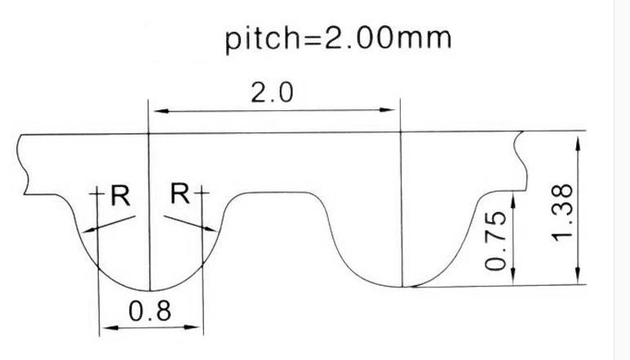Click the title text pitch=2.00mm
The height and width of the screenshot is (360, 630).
click(338, 38)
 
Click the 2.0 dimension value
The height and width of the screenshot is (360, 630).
click(272, 93)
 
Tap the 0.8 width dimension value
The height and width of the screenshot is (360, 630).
click(150, 311)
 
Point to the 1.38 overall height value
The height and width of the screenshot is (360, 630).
click(564, 211)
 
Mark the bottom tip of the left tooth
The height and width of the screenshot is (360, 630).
click(150, 290)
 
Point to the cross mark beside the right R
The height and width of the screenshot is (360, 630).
click(200, 194)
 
